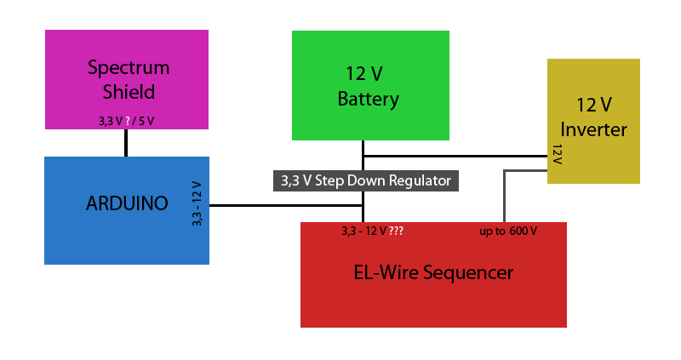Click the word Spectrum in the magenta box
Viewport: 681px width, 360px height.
[129, 68]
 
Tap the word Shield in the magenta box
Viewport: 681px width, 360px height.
[129, 92]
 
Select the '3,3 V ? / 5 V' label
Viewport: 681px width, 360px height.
[126, 121]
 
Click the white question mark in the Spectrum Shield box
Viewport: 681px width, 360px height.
[127, 121]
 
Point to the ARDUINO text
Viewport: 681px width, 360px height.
[127, 203]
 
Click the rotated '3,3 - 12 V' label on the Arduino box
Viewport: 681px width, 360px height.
[197, 203]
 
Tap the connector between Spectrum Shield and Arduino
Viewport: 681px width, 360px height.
[126, 143]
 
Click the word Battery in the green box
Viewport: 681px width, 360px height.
[369, 99]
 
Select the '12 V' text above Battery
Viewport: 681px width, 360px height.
[364, 73]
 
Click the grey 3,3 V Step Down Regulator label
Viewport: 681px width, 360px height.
[366, 180]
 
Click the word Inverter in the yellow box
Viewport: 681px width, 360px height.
[593, 129]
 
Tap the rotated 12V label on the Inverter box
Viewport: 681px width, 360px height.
[558, 154]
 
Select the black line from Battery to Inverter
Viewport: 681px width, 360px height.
[455, 156]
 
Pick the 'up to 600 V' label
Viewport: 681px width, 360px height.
[508, 231]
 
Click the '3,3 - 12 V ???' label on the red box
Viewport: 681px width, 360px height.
[372, 231]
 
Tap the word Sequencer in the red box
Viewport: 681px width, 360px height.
[468, 273]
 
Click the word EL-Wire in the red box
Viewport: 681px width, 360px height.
[386, 272]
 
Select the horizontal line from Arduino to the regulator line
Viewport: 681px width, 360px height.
[286, 205]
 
